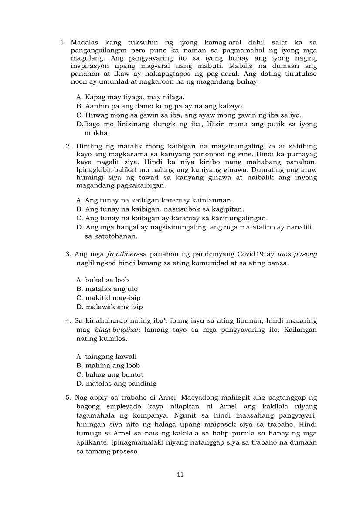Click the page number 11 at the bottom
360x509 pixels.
coord(180,475)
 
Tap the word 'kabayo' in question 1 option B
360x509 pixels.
coord(231,106)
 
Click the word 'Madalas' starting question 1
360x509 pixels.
coord(85,43)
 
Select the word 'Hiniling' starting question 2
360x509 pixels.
coord(90,146)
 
